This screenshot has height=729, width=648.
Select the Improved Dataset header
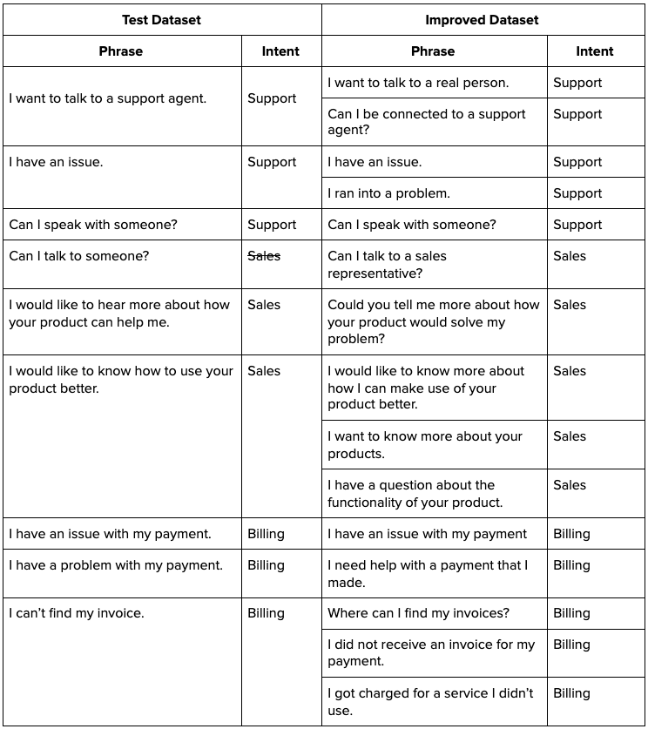tap(482, 19)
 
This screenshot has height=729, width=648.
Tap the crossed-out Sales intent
tap(264, 256)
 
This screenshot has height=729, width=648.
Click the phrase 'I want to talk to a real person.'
tap(418, 83)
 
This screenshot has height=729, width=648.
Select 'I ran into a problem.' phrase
tap(388, 193)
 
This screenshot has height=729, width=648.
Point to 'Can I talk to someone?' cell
tap(79, 256)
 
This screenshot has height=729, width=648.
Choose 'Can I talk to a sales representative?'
tap(387, 265)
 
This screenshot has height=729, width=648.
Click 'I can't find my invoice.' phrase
tap(77, 613)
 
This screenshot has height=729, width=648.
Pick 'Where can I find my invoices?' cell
tap(419, 613)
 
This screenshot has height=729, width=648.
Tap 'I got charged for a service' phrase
tap(430, 702)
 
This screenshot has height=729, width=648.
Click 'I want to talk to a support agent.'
tap(108, 98)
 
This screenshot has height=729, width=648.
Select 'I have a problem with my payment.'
tap(116, 565)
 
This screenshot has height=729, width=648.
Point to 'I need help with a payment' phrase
tap(428, 574)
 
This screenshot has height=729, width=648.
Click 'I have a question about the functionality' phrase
tap(415, 494)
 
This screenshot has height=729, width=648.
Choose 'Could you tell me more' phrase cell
tap(434, 321)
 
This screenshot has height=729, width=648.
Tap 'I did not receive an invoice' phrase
tap(431, 653)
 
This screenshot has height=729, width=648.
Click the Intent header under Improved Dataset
tap(595, 51)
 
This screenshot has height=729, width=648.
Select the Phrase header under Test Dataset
tap(120, 51)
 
